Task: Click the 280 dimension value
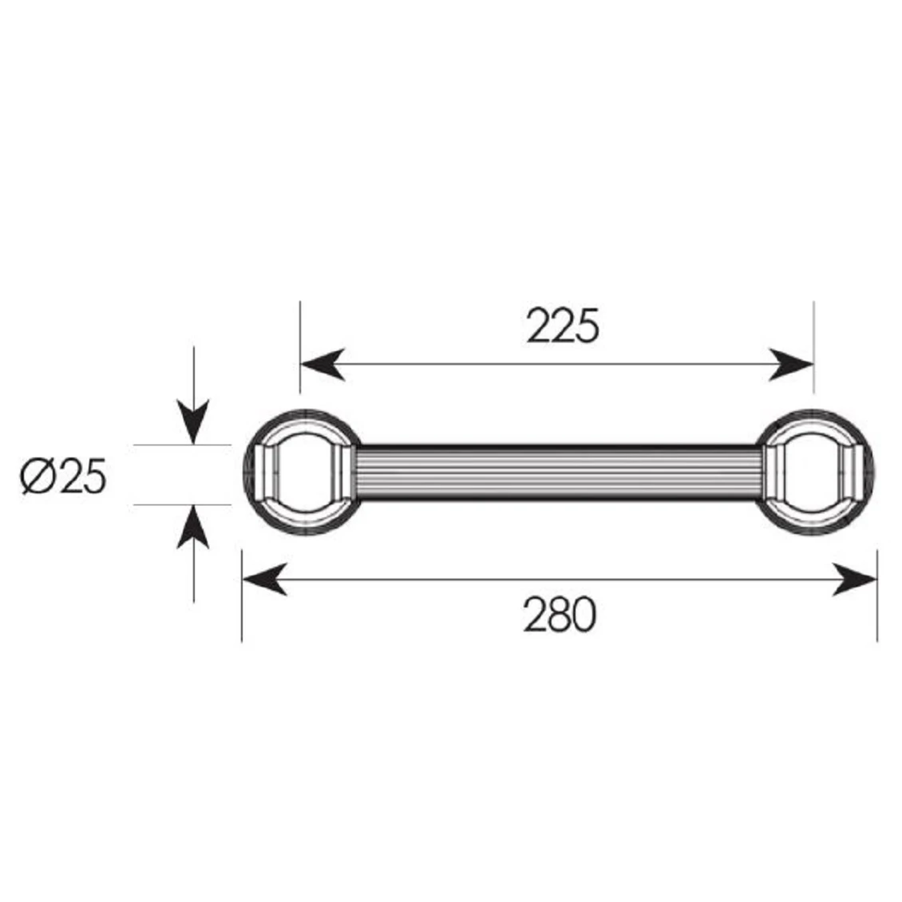click(x=560, y=615)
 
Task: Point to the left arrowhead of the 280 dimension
click(x=263, y=579)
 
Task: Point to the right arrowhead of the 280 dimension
click(x=855, y=579)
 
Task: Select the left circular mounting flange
click(x=301, y=474)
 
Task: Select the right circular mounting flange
click(x=815, y=474)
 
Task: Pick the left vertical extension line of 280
click(x=242, y=607)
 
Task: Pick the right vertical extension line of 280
click(x=877, y=607)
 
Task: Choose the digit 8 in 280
click(x=560, y=615)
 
